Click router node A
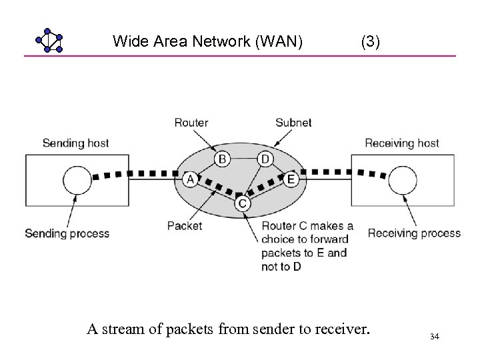click(190, 179)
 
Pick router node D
click(265, 159)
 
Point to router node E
click(290, 179)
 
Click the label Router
click(191, 123)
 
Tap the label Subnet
click(293, 123)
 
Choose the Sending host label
click(75, 143)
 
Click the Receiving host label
click(402, 143)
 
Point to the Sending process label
click(67, 233)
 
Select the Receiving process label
click(414, 233)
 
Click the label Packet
click(185, 226)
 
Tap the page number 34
click(435, 337)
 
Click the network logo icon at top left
click(49, 41)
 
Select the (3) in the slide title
click(371, 42)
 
